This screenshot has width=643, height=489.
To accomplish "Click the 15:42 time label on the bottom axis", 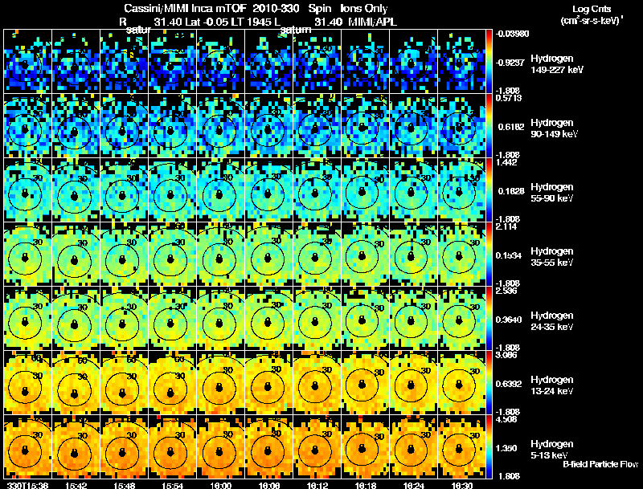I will (x=76, y=485).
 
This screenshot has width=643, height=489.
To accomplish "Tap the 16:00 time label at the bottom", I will (x=220, y=485).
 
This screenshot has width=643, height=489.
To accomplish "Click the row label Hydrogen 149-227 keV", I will (x=553, y=64).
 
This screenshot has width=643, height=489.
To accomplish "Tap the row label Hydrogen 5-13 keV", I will (x=553, y=448).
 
